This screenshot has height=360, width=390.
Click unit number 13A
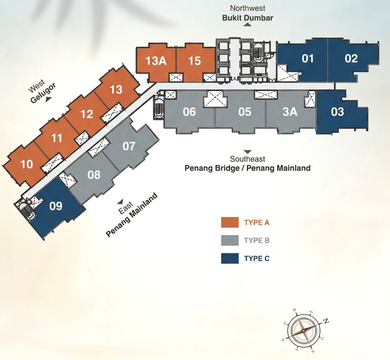click(156, 61)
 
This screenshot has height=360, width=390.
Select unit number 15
click(194, 61)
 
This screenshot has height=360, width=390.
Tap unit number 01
click(308, 58)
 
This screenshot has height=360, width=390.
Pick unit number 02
click(351, 58)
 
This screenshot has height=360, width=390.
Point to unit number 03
click(338, 112)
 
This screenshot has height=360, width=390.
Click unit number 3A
click(289, 112)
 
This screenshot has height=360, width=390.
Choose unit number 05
click(245, 112)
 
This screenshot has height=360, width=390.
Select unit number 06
click(189, 112)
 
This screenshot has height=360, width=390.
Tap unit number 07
click(129, 146)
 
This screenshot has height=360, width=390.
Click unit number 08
click(94, 175)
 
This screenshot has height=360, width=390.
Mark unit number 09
click(56, 206)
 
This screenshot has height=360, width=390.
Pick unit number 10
click(26, 164)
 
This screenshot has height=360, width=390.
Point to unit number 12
click(87, 114)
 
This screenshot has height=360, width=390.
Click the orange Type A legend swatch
click(230, 222)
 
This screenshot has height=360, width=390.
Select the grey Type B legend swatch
click(230, 241)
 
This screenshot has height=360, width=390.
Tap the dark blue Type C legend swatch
click(230, 258)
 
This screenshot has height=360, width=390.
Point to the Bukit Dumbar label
click(248, 18)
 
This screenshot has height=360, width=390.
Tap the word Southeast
click(247, 159)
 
